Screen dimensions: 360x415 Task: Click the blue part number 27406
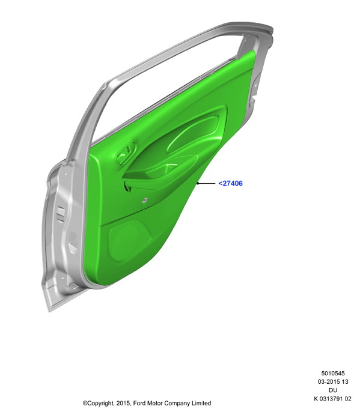pyautogui.click(x=230, y=183)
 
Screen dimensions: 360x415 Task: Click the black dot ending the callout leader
pyautogui.click(x=198, y=183)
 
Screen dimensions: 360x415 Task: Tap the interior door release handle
pyautogui.click(x=126, y=152)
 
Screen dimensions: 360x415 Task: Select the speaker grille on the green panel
pyautogui.click(x=129, y=240)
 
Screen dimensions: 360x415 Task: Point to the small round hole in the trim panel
pyautogui.click(x=145, y=201)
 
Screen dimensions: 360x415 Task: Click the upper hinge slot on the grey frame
pyautogui.click(x=61, y=213)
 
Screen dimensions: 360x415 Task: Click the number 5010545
pyautogui.click(x=333, y=374)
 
